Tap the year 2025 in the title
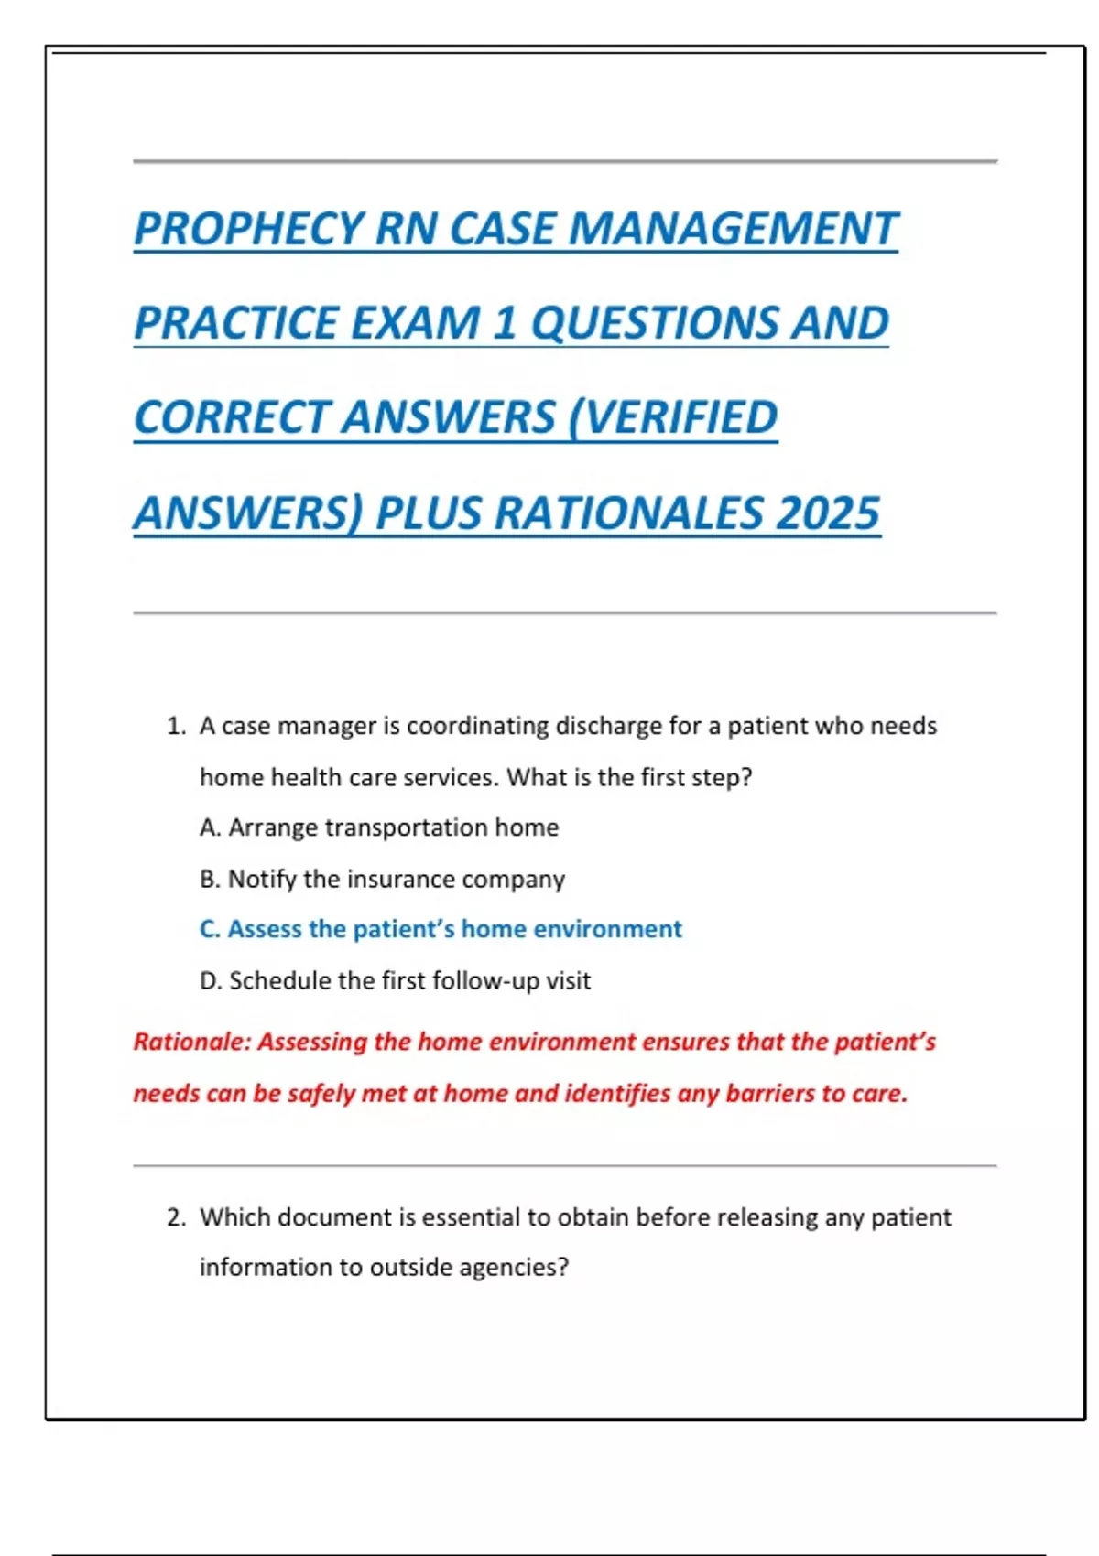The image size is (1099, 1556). tap(828, 513)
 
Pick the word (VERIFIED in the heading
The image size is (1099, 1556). tap(672, 417)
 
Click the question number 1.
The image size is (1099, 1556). tap(176, 727)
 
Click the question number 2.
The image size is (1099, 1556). tap(176, 1217)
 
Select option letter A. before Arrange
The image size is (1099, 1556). tap(210, 827)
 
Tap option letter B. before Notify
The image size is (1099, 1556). tap(210, 879)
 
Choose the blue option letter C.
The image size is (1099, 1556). tap(210, 929)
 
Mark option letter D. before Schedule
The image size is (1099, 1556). tap(211, 980)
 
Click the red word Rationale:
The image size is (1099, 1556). tap(191, 1042)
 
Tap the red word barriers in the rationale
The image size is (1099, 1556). tap(768, 1093)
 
